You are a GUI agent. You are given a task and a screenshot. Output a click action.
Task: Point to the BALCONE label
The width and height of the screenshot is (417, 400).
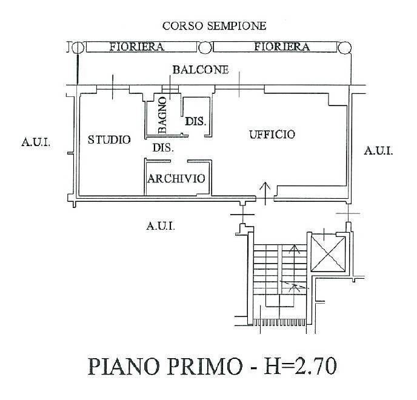coord(201,70)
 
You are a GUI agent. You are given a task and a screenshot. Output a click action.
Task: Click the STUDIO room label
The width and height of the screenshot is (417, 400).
coord(109,139)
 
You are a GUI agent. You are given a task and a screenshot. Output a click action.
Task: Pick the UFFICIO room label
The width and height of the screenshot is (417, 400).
coord(272,135)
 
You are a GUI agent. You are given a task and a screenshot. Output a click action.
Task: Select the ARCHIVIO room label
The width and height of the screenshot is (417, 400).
coord(176,179)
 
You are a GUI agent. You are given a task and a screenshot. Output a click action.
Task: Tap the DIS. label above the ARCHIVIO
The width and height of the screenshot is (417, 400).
coord(163,147)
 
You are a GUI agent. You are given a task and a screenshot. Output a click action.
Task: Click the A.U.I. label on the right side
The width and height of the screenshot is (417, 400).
coord(378,151)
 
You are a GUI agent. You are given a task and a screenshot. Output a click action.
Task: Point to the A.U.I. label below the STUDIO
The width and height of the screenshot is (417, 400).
coord(161,226)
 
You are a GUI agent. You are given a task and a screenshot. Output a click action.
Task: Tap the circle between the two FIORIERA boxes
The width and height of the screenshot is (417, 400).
coord(205,47)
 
